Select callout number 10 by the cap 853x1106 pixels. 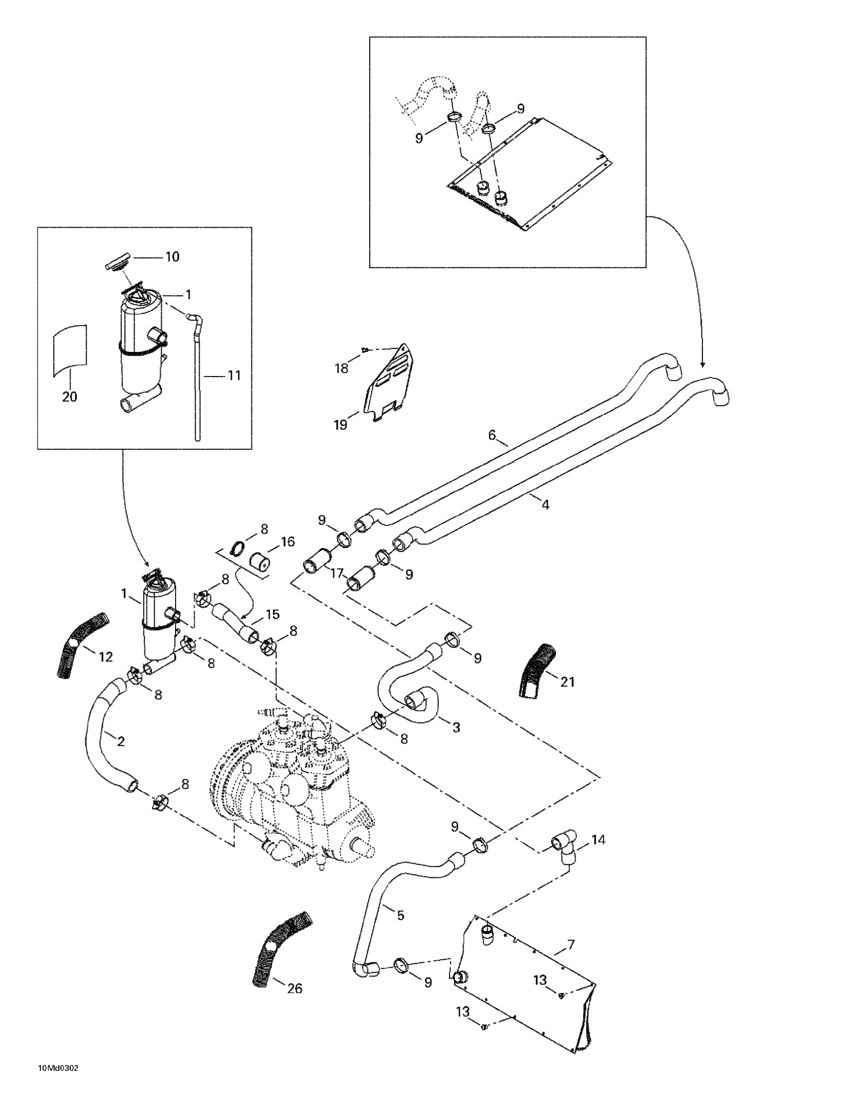172,257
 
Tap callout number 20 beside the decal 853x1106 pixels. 69,397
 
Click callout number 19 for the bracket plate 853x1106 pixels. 341,424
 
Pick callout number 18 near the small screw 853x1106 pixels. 342,368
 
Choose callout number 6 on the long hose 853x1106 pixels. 492,435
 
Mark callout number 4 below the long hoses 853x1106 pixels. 545,504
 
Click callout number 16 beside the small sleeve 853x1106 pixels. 288,542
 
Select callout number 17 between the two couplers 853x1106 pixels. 337,574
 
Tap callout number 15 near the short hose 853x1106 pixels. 272,614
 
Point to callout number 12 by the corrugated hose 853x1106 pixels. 105,657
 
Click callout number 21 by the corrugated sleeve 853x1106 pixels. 567,682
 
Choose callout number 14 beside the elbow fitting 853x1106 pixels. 598,840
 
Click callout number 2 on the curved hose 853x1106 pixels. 120,742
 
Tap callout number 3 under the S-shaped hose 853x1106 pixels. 456,727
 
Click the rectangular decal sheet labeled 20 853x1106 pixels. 70,349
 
